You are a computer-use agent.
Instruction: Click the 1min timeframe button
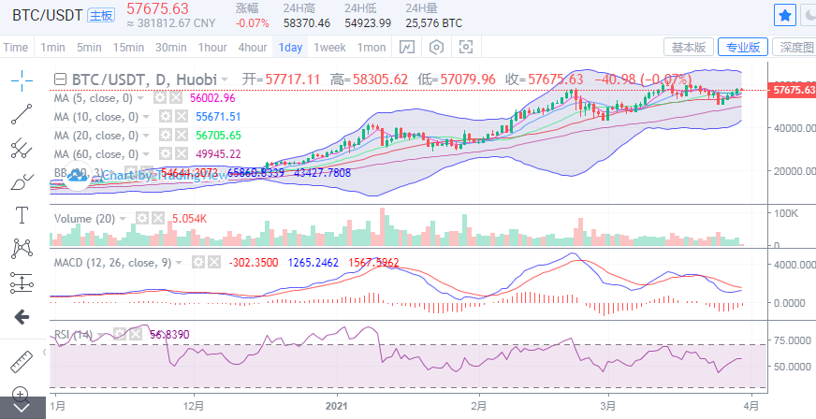tap(52, 47)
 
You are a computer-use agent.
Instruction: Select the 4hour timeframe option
tap(253, 47)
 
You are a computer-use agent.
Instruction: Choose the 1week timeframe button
tap(329, 47)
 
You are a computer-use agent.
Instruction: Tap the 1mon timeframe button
tap(372, 47)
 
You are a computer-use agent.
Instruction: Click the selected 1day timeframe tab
tap(291, 47)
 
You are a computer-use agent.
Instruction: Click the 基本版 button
tap(690, 47)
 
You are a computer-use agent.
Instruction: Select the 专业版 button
tap(744, 47)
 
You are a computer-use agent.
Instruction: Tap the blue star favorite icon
tap(784, 15)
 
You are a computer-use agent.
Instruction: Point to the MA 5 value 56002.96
tap(212, 97)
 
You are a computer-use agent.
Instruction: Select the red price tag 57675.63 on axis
tap(791, 90)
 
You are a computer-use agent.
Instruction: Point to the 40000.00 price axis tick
tap(792, 127)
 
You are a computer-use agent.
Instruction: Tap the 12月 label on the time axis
tap(195, 406)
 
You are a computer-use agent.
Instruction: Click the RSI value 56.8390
tap(169, 333)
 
